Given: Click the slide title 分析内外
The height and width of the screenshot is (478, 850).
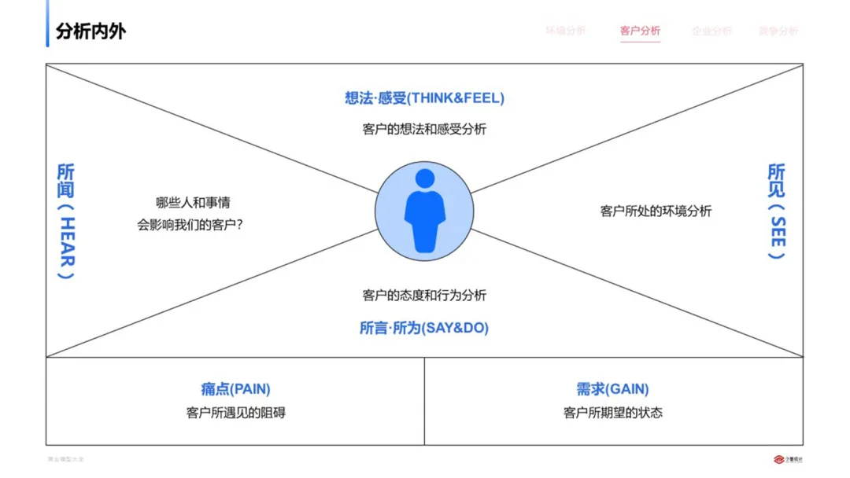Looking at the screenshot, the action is pos(91,31).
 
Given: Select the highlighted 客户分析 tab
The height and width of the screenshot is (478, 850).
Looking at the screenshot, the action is pos(640,31).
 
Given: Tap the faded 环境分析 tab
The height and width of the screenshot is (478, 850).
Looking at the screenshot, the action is pos(566,31).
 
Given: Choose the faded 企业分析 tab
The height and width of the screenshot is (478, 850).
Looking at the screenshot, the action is pos(711,31).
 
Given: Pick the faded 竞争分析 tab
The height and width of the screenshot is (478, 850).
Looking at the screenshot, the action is pos(778,31).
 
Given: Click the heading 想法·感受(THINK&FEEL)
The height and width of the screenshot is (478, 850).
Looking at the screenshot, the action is pos(424,98).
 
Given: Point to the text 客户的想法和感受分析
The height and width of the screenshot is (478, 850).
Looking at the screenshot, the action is pos(424,129).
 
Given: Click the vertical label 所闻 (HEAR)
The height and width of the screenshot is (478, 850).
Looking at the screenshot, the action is pos(67,221).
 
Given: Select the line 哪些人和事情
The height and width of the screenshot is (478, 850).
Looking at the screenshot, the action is pos(193,203).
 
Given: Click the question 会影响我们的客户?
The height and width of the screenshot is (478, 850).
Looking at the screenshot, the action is pos(190,225).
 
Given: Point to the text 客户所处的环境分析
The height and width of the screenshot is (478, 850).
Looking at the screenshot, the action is pos(656,211).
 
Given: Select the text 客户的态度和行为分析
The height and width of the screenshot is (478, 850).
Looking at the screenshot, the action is pos(424,296).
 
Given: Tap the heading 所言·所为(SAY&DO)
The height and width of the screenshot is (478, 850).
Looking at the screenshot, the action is pos(424,328).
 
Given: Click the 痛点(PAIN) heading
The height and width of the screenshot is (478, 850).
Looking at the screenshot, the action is pos(235,389).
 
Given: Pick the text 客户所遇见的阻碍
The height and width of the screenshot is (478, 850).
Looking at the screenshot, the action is pos(235,413).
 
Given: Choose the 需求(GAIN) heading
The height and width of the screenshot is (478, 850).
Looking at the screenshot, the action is pos(612,389).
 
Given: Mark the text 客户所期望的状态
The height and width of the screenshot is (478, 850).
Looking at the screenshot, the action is pos(612,413).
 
